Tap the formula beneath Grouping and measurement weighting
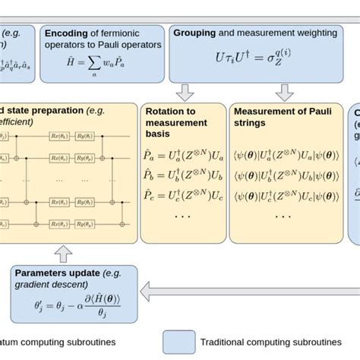pyautogui.click(x=245, y=58)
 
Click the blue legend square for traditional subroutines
pyautogui.click(x=178, y=342)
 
